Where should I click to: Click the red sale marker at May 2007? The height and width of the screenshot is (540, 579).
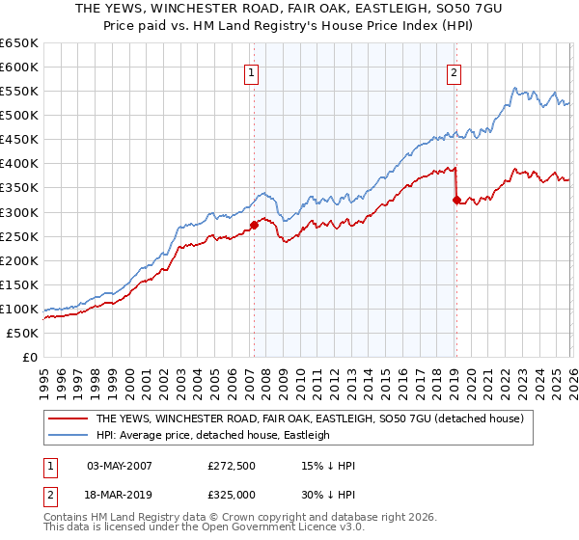(x=254, y=225)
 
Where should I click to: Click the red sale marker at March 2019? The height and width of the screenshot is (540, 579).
(x=455, y=201)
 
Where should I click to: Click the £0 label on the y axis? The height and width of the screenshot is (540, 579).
(x=30, y=357)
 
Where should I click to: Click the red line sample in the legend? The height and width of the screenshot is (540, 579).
(x=68, y=418)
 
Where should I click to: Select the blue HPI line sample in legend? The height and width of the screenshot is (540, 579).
(x=68, y=435)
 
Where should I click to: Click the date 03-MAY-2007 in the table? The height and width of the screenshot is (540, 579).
(x=119, y=465)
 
